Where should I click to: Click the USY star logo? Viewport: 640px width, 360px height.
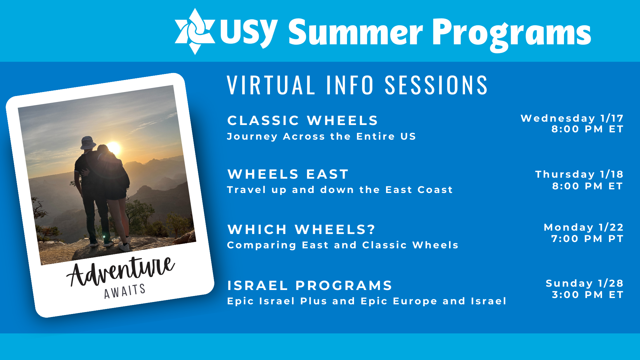[x=195, y=31]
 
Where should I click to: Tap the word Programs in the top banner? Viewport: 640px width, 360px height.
[x=512, y=34]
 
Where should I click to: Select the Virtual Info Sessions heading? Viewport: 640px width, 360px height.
[x=357, y=85]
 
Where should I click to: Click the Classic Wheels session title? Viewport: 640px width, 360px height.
[x=303, y=120]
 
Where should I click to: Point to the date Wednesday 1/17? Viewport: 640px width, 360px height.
[x=572, y=118]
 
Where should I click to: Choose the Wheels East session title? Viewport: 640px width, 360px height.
[x=288, y=174]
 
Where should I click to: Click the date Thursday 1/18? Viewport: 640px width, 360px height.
[x=579, y=174]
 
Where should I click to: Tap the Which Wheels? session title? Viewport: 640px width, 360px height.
[x=301, y=229]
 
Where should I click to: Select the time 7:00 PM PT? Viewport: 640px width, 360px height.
[x=587, y=239]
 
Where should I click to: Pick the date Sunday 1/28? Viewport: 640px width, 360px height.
[x=585, y=283]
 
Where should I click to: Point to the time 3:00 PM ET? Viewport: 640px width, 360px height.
[x=588, y=295]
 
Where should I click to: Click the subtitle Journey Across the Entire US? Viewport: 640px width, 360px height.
[x=321, y=137]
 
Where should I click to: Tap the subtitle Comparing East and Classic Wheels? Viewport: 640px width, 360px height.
[x=343, y=245]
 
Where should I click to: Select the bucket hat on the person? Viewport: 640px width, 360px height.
[x=88, y=142]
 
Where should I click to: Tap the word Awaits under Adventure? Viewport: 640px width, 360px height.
[x=125, y=291]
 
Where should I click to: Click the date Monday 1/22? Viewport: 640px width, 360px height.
[x=584, y=227]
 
